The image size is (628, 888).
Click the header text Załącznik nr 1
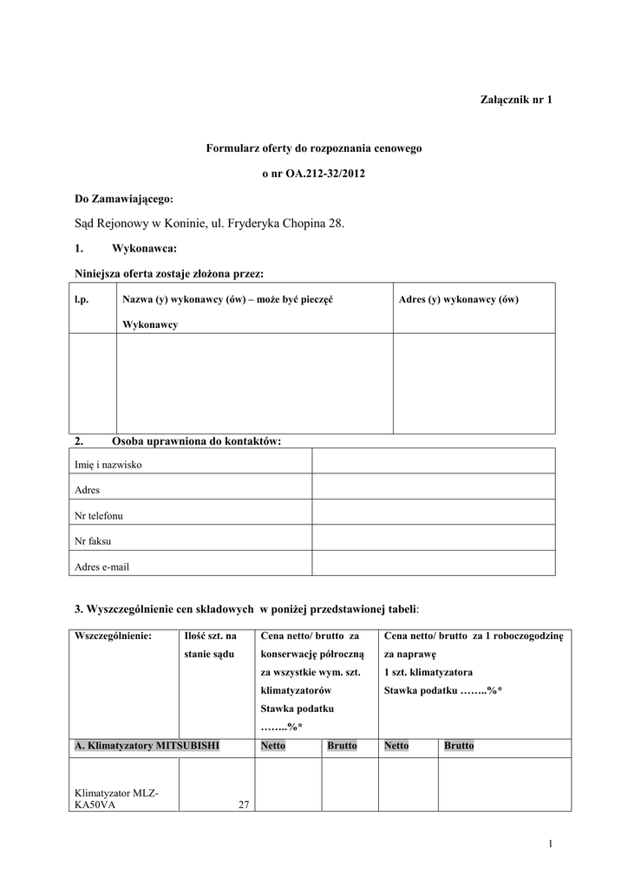[x=516, y=100]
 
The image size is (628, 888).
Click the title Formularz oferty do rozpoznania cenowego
[x=313, y=149]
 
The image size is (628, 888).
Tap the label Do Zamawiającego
[x=123, y=199]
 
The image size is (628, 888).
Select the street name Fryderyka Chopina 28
[x=287, y=224]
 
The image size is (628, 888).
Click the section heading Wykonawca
[x=144, y=249]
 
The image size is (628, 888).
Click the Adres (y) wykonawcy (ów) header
[x=458, y=299]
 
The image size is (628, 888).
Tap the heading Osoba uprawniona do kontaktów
[x=197, y=441]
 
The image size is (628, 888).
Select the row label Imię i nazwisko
[x=109, y=465]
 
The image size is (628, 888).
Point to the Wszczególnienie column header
[x=114, y=636]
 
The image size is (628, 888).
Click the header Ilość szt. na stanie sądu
[x=211, y=645]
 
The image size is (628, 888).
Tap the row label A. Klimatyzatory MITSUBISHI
[x=147, y=746]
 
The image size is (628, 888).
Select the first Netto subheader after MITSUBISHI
[x=272, y=746]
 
